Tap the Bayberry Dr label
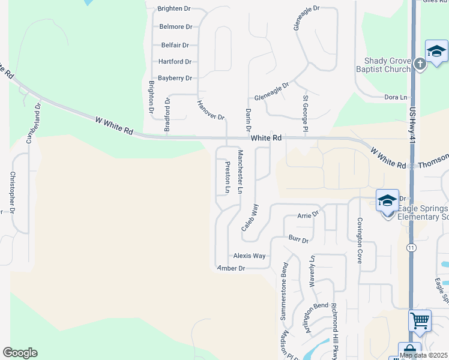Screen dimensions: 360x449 pos(175,78)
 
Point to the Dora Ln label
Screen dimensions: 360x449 pos(396,97)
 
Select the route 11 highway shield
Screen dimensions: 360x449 pos(411,247)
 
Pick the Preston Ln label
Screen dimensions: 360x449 pos(228,177)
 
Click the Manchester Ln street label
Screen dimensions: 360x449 pos(240,172)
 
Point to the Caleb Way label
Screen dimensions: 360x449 pos(250,217)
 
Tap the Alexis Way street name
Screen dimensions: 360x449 pos(250,256)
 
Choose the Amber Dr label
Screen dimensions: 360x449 pos(232,268)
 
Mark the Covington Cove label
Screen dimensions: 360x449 pos(360,240)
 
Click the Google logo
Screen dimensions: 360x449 pos(20,353)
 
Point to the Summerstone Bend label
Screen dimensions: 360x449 pos(285,299)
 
